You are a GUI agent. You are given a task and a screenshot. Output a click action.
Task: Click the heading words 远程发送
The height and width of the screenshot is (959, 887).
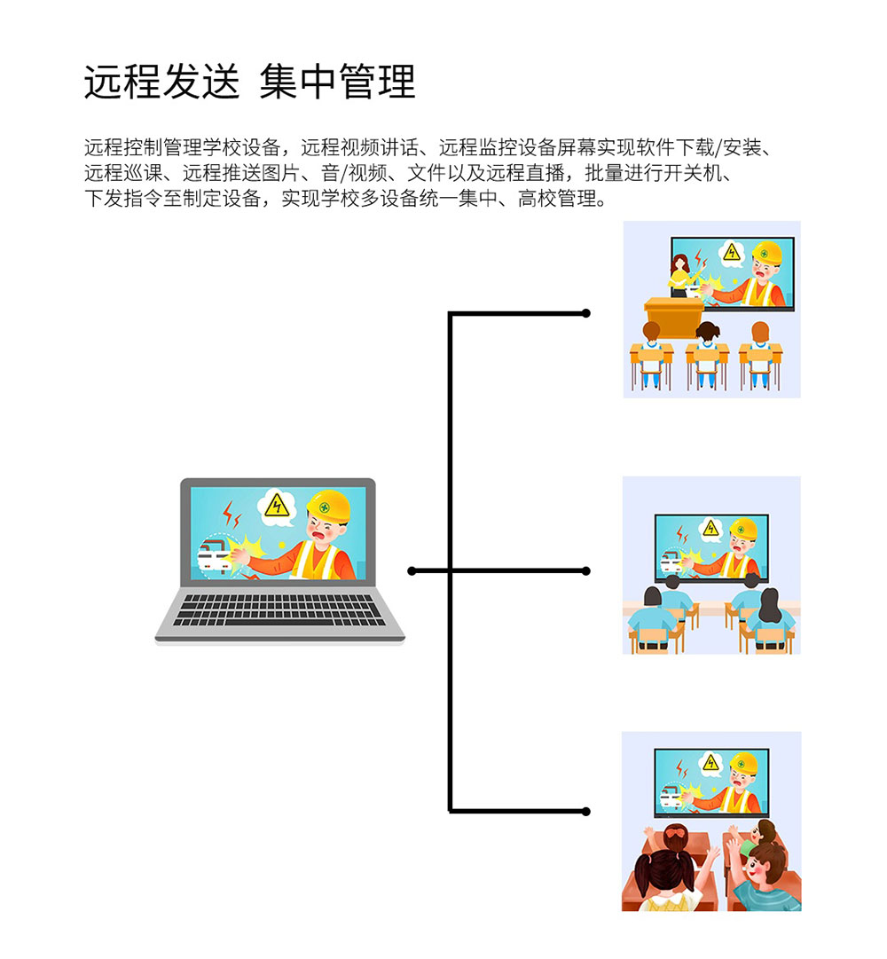161,83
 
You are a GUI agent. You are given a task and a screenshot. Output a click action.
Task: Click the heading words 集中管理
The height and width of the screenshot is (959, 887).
337,83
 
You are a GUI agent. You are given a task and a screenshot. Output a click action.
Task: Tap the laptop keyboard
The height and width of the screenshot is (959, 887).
280,610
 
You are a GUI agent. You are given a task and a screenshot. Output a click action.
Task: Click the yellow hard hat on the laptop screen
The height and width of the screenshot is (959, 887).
329,507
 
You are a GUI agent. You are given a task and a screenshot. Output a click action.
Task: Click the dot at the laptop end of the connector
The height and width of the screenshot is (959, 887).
412,570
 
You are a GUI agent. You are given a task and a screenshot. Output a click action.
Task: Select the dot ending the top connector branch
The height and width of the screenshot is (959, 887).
585,313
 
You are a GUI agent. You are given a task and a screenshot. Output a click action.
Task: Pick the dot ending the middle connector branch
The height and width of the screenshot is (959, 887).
585,570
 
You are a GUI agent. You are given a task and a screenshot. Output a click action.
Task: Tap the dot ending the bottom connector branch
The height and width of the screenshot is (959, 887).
585,811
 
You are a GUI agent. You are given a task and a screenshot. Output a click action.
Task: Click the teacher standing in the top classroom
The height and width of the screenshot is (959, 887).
680,274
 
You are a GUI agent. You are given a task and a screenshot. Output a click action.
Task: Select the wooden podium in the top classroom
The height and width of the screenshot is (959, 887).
673,314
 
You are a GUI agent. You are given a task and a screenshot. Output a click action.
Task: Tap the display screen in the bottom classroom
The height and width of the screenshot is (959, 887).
710,782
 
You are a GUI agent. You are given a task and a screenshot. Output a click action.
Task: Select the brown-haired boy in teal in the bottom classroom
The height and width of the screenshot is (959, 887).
765,878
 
